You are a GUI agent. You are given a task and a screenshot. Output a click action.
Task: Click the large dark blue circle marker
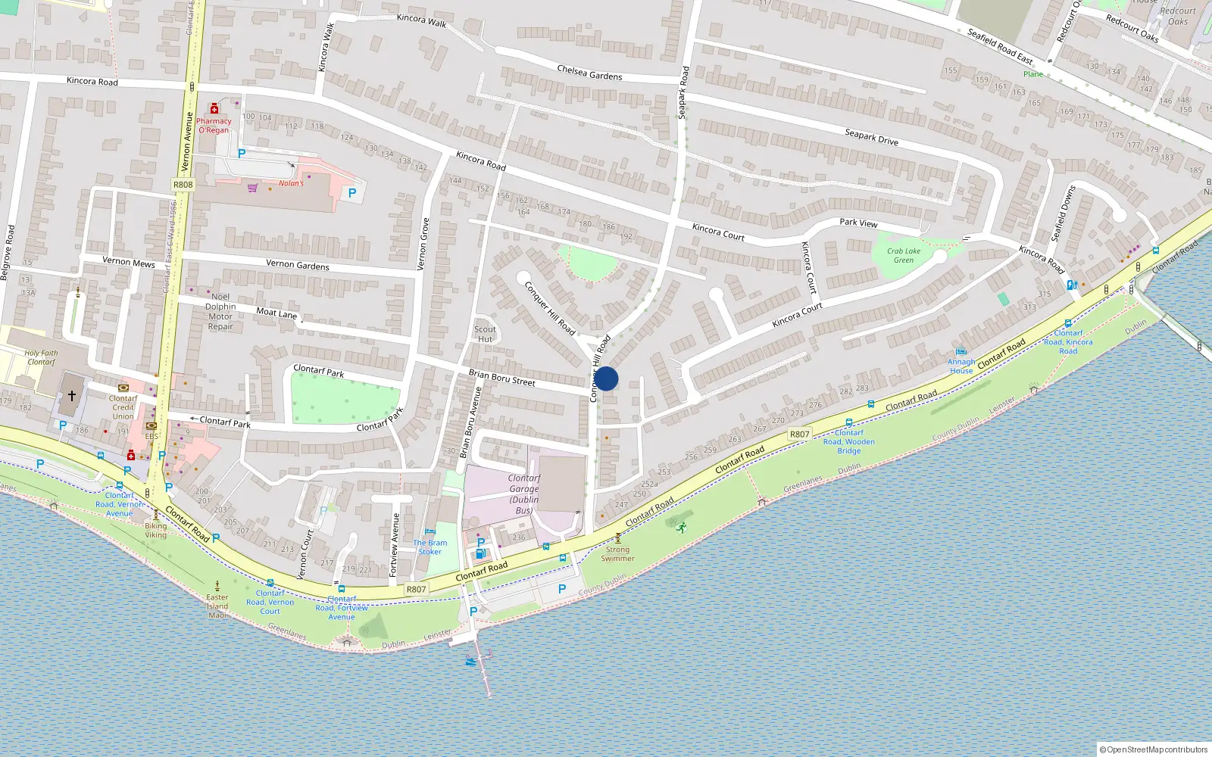click(x=606, y=378)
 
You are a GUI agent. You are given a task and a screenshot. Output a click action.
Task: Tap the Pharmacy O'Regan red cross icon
click(x=214, y=109)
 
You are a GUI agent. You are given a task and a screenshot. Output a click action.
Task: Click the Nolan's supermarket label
click(x=291, y=183)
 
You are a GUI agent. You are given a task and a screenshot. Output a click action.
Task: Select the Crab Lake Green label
click(x=904, y=256)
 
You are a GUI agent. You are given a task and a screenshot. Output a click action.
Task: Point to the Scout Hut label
click(x=485, y=334)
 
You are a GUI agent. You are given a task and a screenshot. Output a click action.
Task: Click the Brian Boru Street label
click(x=501, y=378)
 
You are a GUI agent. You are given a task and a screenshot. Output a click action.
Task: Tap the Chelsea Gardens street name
click(x=589, y=73)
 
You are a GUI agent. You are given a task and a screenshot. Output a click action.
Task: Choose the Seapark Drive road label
click(x=871, y=137)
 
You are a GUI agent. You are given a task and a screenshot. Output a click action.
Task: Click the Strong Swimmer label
click(x=617, y=554)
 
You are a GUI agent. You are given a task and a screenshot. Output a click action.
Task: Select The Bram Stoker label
click(x=430, y=547)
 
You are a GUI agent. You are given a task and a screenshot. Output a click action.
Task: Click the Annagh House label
click(x=961, y=366)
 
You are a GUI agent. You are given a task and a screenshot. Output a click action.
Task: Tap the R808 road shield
click(x=183, y=185)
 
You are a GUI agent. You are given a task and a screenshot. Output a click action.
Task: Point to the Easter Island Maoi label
click(x=217, y=606)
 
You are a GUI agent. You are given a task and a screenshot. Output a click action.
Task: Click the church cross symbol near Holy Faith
click(x=72, y=396)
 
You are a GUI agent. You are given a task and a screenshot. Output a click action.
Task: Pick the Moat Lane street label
click(x=276, y=313)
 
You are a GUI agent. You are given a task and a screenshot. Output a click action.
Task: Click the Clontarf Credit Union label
click(x=123, y=407)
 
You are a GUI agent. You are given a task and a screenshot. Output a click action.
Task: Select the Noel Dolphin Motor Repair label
click(x=220, y=312)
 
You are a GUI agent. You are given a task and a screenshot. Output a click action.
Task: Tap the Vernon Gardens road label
click(x=298, y=265)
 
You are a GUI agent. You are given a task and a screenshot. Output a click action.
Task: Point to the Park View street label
click(x=858, y=223)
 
